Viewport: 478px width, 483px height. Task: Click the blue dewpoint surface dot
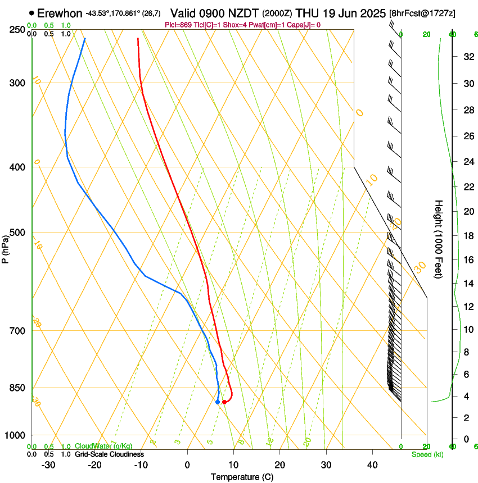click(218, 402)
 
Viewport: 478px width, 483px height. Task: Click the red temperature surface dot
click(224, 402)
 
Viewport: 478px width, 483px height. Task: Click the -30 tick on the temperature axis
click(48, 465)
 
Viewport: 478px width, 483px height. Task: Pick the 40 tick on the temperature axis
click(372, 465)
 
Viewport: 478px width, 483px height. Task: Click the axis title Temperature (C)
click(242, 477)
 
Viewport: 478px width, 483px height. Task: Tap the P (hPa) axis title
click(5, 248)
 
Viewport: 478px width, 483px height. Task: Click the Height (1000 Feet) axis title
click(439, 239)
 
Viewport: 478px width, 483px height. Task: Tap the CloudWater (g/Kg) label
click(103, 446)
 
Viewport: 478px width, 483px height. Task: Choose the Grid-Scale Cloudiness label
click(109, 454)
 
